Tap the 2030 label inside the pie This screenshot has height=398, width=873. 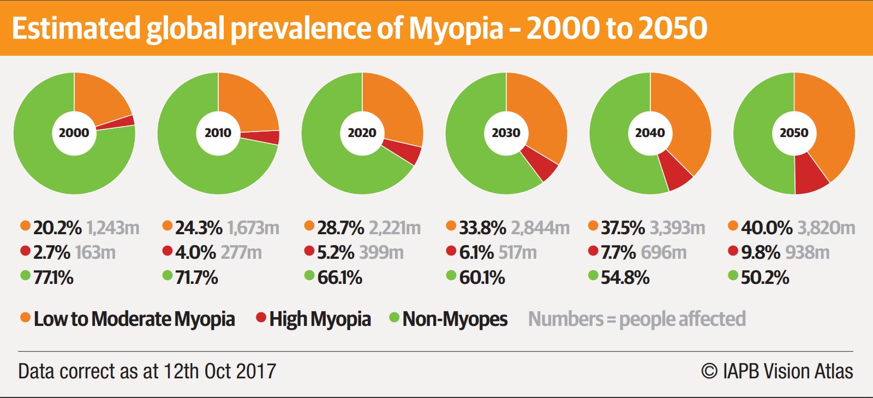tap(506, 133)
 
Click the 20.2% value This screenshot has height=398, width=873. tap(57, 228)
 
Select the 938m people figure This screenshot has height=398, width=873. tap(807, 253)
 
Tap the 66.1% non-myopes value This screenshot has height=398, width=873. tap(339, 278)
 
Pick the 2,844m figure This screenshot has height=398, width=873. tap(540, 228)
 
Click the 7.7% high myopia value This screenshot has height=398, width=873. tap(618, 253)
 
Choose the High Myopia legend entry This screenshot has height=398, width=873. tap(320, 319)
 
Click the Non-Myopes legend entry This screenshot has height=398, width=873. tap(455, 319)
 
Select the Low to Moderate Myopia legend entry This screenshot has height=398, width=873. tap(134, 319)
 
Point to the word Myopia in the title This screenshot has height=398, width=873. tap(456, 28)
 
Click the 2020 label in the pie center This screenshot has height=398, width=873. tap(362, 133)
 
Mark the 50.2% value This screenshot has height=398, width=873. tap(764, 278)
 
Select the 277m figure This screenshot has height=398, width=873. tap(241, 253)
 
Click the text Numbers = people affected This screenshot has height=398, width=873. tap(637, 319)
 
